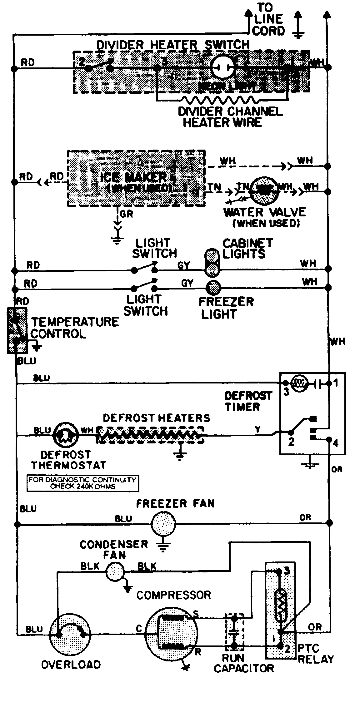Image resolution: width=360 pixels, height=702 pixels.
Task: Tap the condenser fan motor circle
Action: tap(114, 571)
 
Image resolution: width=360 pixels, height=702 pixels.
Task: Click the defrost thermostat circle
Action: tap(65, 434)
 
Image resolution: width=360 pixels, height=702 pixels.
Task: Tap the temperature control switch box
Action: tap(17, 330)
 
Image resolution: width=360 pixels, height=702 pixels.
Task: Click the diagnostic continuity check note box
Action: tap(83, 483)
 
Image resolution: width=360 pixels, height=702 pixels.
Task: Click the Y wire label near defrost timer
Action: tap(257, 430)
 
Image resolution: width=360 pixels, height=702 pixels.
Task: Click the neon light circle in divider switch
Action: tap(222, 67)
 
